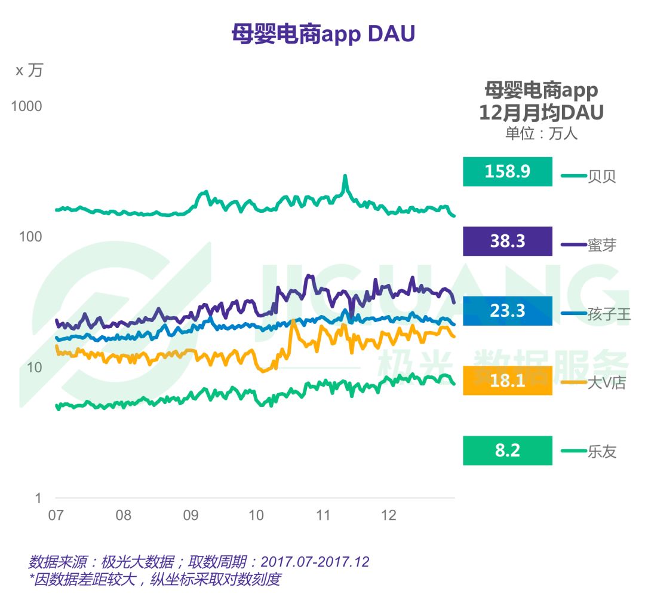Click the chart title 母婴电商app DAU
coord(322,34)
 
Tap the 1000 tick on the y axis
coord(27,106)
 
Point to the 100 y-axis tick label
coord(30,237)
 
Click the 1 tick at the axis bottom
coord(38,498)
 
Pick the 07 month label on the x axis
coord(56,515)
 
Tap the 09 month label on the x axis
coord(190,515)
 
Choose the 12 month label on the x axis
coord(389,515)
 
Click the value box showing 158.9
coord(507,172)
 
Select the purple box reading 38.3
coord(507,241)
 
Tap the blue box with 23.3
coord(507,311)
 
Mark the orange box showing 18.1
coord(507,380)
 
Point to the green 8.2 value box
coord(507,450)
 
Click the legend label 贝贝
coord(601,176)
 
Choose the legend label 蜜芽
coord(601,245)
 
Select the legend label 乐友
coord(601,452)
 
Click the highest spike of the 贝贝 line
coord(345,176)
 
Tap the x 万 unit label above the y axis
coord(29,70)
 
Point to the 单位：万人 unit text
coord(541,133)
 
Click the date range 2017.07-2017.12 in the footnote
coord(315,562)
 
